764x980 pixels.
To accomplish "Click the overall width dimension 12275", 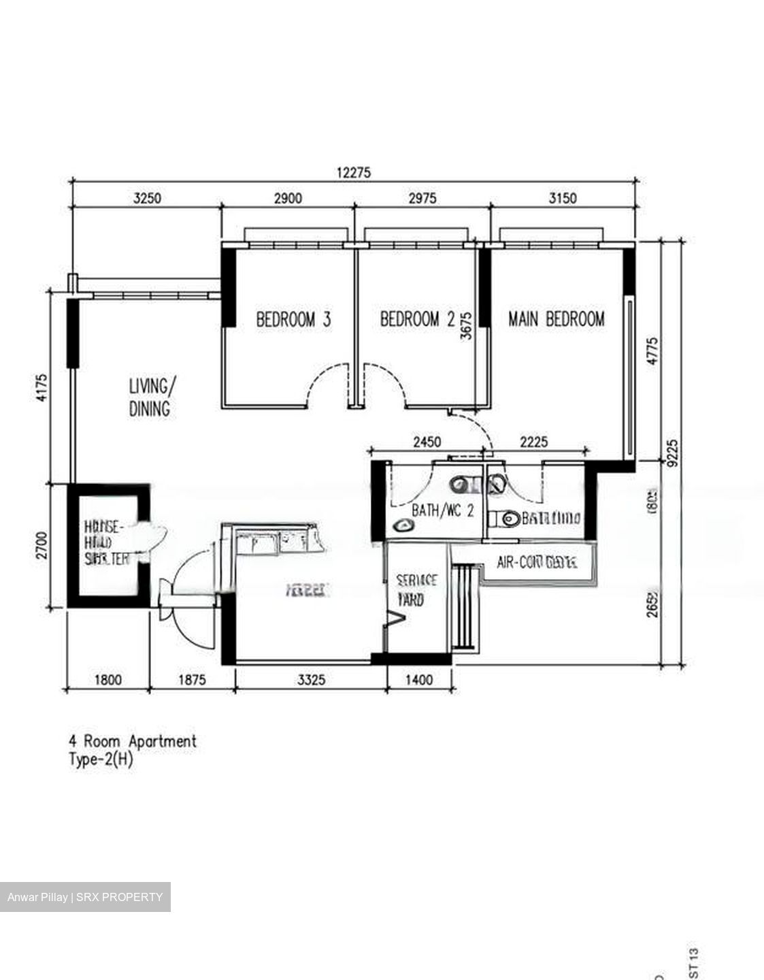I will point(354,172).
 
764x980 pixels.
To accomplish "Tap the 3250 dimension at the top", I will point(148,198).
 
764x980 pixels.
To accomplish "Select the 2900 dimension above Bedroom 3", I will point(288,198).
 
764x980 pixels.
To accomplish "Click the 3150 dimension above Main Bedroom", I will point(563,198).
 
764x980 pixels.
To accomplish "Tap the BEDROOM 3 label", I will point(293,319).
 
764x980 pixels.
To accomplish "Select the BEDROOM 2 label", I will point(417,319).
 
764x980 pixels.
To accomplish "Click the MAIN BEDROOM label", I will point(556,318).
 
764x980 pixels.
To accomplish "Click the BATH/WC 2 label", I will point(443,510).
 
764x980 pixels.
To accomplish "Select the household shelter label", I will point(106,542).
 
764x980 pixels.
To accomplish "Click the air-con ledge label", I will point(537,563).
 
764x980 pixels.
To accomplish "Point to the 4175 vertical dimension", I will point(41,388).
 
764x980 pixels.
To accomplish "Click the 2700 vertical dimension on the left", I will point(41,546).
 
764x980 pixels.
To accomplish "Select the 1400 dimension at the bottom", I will point(419,679).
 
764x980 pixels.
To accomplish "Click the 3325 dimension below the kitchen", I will point(312,679).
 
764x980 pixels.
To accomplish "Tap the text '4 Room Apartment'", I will point(133,741).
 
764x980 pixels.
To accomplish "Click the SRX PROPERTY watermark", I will point(85,897).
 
